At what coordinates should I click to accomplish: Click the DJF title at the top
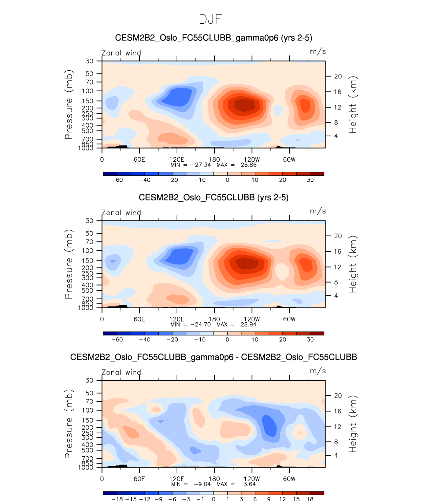(211, 19)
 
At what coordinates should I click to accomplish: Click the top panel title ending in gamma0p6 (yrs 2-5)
(213, 38)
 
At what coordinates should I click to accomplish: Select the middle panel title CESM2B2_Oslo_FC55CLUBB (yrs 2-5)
(213, 197)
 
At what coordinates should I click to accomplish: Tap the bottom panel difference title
(213, 357)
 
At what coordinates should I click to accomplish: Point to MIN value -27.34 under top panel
(201, 165)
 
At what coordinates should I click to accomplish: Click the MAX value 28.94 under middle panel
(248, 325)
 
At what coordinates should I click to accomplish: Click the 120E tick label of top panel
(177, 159)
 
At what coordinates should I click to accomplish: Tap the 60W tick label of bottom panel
(289, 479)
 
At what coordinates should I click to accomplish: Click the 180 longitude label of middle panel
(214, 319)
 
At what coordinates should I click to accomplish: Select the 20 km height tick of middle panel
(338, 236)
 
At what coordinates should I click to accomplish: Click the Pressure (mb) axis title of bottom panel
(69, 424)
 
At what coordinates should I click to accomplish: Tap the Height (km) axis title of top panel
(353, 104)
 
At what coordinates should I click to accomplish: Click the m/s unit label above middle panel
(318, 211)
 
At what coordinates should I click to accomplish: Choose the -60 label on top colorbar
(117, 180)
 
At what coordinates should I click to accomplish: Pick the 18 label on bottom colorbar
(310, 499)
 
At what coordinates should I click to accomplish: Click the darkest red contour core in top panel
(244, 105)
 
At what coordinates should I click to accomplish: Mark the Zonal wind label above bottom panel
(121, 373)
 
